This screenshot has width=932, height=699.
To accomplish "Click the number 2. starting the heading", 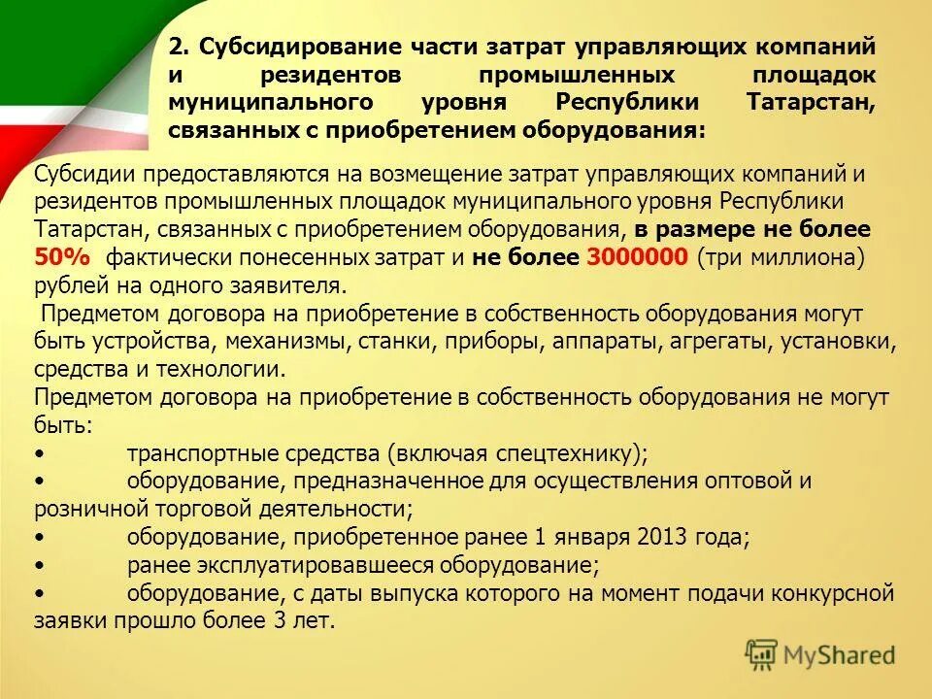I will point(179,47).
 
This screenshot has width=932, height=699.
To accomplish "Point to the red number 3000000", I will point(636,257).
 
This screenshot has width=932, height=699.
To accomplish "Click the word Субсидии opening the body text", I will point(77,175).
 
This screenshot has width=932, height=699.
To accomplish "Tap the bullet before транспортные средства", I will point(38,454).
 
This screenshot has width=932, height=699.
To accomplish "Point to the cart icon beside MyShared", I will point(762,654).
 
